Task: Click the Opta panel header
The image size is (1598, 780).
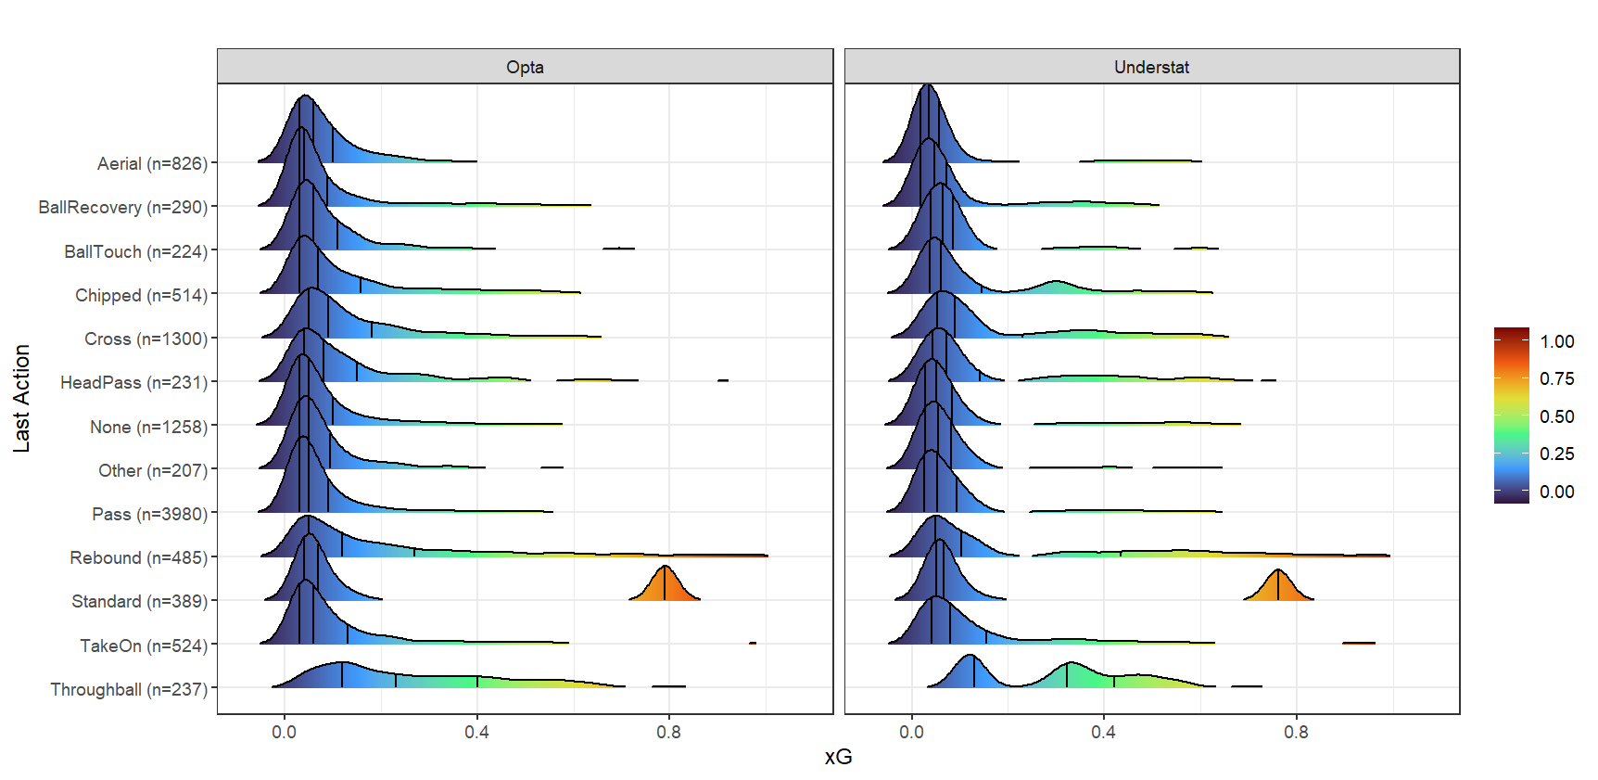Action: pyautogui.click(x=525, y=67)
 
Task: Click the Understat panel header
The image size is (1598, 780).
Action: pyautogui.click(x=1151, y=67)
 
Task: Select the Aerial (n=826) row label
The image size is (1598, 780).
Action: pyautogui.click(x=152, y=164)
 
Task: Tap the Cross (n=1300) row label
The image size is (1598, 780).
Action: pyautogui.click(x=146, y=339)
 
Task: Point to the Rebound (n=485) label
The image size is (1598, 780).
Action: pyautogui.click(x=138, y=558)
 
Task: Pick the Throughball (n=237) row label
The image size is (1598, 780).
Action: pyautogui.click(x=129, y=690)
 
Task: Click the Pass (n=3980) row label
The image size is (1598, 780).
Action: pyautogui.click(x=149, y=515)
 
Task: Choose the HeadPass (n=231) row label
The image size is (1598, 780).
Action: pyautogui.click(x=133, y=383)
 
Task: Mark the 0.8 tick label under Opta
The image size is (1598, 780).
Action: pyautogui.click(x=668, y=732)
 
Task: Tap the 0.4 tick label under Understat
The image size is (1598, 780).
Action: pyautogui.click(x=1103, y=732)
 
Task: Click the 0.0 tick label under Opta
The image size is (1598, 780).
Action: pyautogui.click(x=284, y=732)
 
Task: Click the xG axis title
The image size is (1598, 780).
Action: pyautogui.click(x=838, y=758)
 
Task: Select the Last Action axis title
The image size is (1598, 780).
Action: pyautogui.click(x=21, y=399)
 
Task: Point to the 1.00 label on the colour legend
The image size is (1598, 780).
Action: pyautogui.click(x=1556, y=341)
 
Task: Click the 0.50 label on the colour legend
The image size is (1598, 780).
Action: pyautogui.click(x=1556, y=416)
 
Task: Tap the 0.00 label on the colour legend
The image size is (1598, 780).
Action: pyautogui.click(x=1556, y=492)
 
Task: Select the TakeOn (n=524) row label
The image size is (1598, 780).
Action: pyautogui.click(x=143, y=646)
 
